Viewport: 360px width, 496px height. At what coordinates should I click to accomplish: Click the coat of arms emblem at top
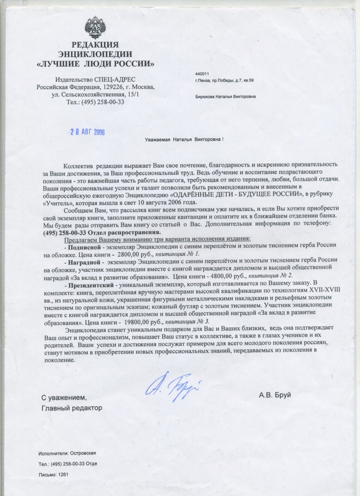(95, 26)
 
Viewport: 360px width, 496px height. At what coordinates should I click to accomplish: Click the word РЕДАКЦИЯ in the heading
(95, 45)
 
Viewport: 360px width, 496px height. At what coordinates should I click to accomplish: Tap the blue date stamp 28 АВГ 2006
(87, 132)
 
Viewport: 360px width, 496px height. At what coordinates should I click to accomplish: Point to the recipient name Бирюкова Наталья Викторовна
(225, 97)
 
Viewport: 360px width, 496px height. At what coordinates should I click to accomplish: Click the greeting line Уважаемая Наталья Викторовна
(184, 140)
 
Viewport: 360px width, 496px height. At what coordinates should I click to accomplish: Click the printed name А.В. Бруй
(275, 396)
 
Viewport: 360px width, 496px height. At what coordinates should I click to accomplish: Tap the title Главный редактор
(72, 408)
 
